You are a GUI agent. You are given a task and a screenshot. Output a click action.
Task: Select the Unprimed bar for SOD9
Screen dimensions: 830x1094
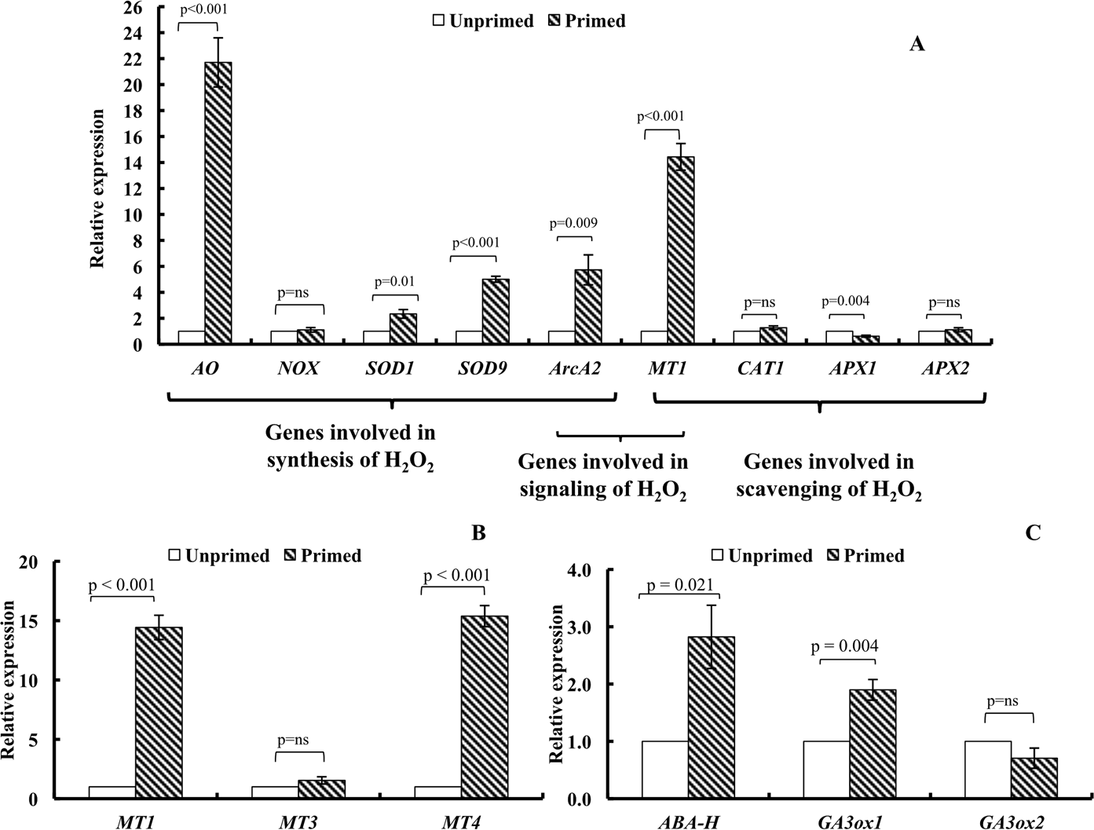(x=469, y=337)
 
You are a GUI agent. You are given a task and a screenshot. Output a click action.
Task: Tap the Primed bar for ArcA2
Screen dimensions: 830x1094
(x=588, y=307)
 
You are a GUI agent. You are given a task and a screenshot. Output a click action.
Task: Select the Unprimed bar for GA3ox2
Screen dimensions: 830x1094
(x=988, y=770)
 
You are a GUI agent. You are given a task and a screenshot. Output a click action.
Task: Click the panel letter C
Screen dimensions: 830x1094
(x=1033, y=533)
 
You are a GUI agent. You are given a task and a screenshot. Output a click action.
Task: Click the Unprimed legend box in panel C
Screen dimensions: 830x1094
(x=718, y=556)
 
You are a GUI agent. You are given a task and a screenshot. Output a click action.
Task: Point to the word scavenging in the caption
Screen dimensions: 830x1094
(x=792, y=491)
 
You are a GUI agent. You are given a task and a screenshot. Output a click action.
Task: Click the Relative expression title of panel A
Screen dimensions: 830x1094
(x=97, y=188)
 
